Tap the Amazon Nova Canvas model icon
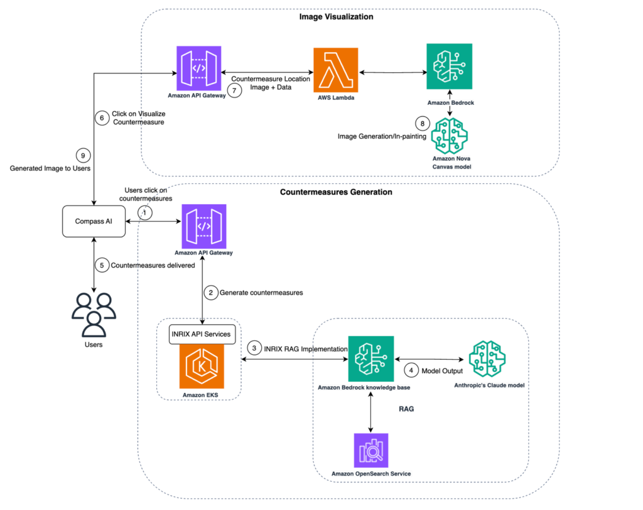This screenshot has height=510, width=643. [x=449, y=135]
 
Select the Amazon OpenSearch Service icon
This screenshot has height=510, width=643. [x=370, y=450]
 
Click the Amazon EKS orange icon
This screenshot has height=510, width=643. [x=199, y=367]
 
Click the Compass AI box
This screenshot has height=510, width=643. [x=93, y=222]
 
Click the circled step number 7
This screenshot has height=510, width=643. [x=234, y=90]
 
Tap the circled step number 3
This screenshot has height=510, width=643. [x=254, y=347]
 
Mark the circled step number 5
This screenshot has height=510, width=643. [x=102, y=265]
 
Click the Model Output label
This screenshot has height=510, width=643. [x=434, y=371]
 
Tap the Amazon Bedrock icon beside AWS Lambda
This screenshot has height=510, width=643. [x=449, y=66]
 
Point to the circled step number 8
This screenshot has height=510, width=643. [x=423, y=123]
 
